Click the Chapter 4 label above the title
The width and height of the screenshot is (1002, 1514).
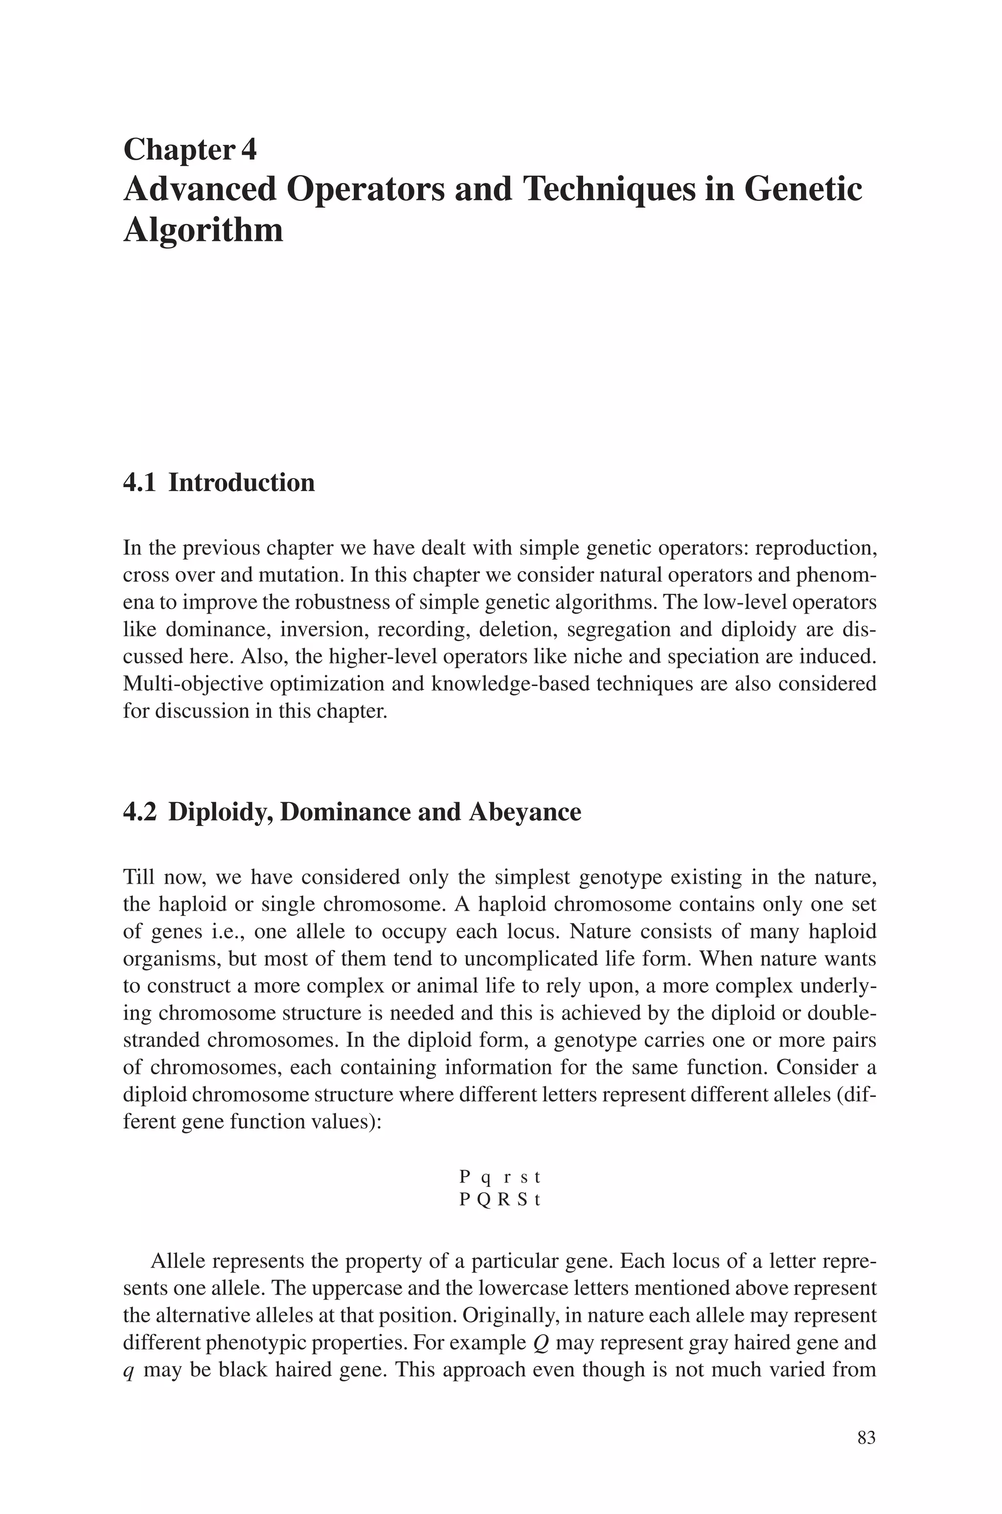coord(190,150)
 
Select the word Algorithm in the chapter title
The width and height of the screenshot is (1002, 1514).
coord(203,230)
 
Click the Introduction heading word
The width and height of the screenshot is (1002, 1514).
coord(242,483)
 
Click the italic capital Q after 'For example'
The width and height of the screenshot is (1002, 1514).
coord(539,1343)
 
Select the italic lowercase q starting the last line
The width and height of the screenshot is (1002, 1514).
coord(128,1372)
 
